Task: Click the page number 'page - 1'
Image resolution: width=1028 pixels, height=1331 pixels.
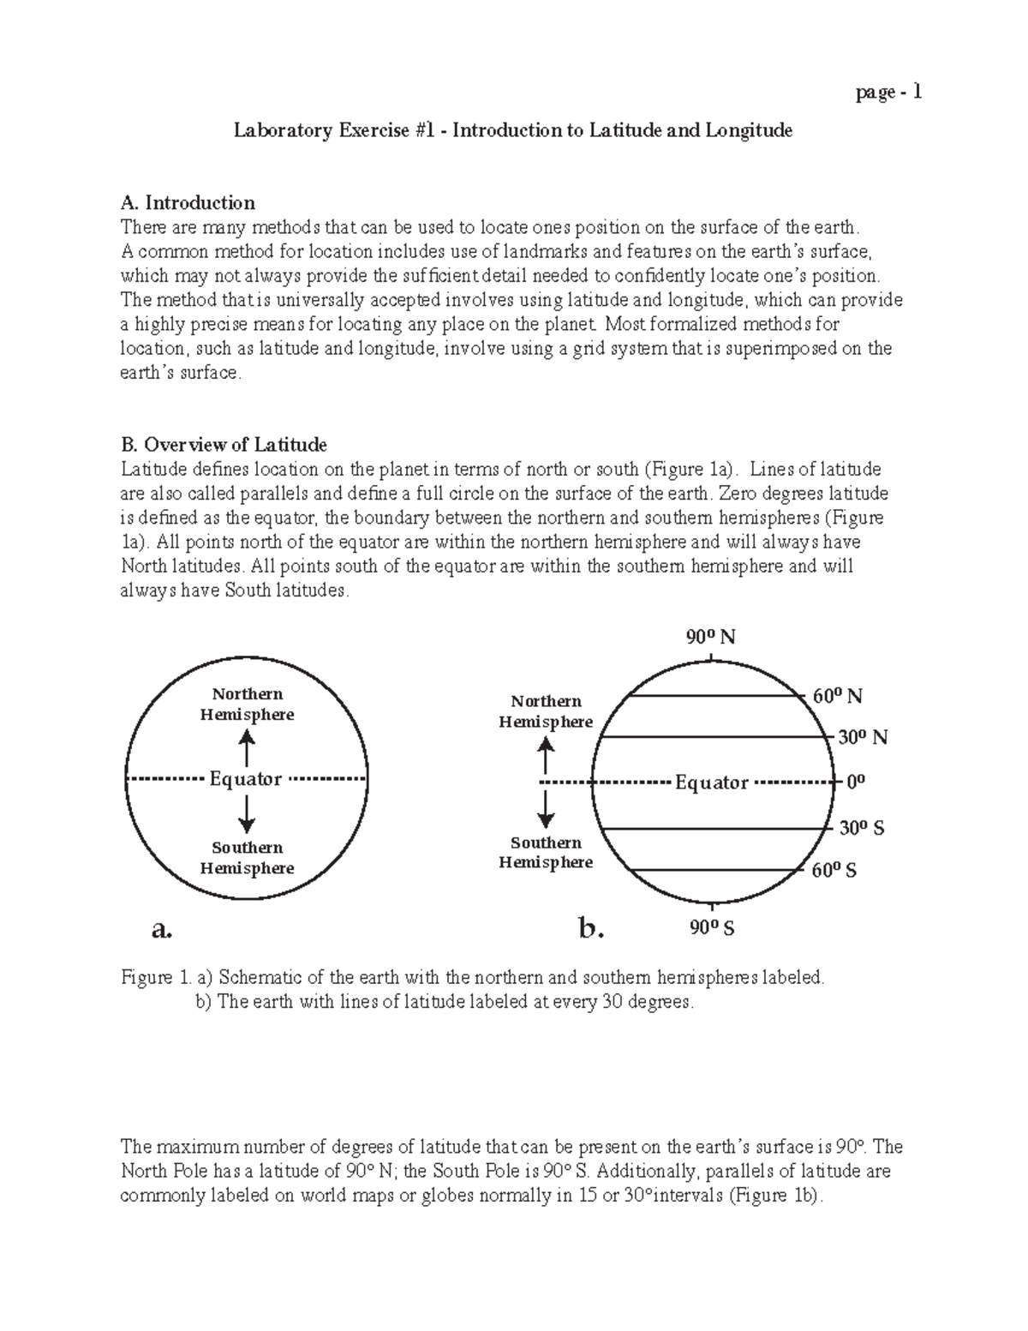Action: [x=888, y=93]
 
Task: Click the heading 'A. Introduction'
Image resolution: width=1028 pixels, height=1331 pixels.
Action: [x=188, y=203]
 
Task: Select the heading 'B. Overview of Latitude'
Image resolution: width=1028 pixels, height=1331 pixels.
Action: [x=224, y=445]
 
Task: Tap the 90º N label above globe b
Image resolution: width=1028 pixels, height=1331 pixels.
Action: [x=710, y=637]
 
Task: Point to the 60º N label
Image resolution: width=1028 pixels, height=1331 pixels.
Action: [x=837, y=696]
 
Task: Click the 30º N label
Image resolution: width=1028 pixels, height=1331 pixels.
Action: [x=862, y=737]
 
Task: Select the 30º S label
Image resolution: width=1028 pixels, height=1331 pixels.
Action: [x=861, y=829]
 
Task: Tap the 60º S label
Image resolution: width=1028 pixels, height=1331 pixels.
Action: [x=834, y=871]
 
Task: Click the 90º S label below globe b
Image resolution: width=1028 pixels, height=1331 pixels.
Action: [x=710, y=928]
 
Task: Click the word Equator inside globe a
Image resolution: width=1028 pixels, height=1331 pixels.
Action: [x=246, y=779]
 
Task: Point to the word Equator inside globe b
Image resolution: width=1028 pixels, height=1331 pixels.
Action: [x=712, y=782]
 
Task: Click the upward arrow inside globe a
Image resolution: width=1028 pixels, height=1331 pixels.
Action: [x=247, y=746]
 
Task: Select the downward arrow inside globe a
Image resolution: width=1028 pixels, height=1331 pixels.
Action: [x=247, y=813]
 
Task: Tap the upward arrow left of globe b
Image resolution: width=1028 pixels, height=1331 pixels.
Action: [x=546, y=755]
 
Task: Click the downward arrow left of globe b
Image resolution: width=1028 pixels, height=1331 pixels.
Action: [x=546, y=808]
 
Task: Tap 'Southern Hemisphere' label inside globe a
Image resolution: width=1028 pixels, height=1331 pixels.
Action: [x=247, y=858]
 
